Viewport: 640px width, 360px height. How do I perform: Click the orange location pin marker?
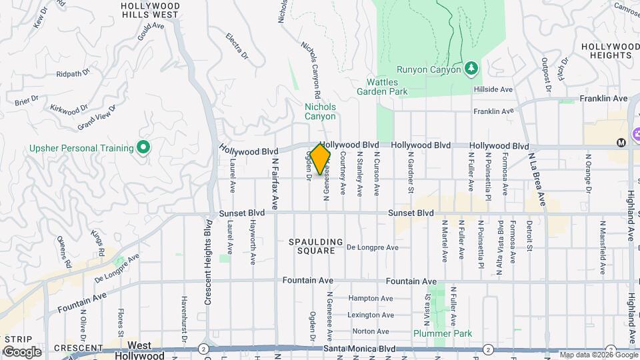click(x=321, y=159)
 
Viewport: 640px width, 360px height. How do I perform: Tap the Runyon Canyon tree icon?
click(x=471, y=68)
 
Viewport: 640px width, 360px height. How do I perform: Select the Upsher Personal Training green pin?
click(x=143, y=147)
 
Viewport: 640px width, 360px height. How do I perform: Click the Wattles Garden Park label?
click(x=381, y=87)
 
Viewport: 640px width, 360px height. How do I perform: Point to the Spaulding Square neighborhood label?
click(x=317, y=246)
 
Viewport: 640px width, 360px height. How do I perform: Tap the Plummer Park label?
click(x=442, y=333)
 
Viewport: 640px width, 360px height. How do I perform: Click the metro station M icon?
click(x=621, y=143)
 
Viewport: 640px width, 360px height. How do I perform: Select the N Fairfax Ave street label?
click(x=274, y=180)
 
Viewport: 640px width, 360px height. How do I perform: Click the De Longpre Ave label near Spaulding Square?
click(x=373, y=247)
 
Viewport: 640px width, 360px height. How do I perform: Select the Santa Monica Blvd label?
click(x=359, y=349)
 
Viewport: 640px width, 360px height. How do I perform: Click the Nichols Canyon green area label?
click(x=320, y=111)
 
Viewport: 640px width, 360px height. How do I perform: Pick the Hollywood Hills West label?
click(x=149, y=9)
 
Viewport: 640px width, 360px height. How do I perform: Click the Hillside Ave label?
click(x=493, y=89)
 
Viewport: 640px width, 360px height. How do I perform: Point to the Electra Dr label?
click(x=237, y=45)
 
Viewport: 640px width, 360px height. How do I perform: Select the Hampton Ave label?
click(x=371, y=299)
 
